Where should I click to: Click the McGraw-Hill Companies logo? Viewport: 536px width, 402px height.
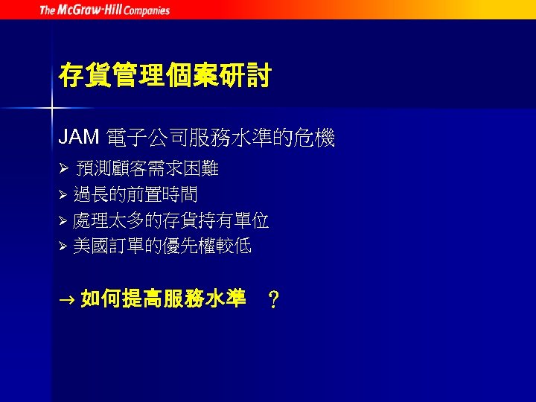point(104,10)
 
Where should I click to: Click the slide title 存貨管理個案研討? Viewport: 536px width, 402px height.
point(165,76)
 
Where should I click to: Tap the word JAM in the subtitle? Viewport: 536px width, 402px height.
point(79,137)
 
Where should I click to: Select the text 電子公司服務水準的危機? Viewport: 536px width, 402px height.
point(221,138)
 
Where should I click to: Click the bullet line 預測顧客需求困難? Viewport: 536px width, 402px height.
point(147,169)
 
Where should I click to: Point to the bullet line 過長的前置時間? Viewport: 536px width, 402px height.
point(135,195)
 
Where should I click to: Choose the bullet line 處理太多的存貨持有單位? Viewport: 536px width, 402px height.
point(171,220)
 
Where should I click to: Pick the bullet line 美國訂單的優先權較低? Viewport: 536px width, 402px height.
point(162,246)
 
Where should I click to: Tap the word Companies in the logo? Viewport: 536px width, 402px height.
point(147,10)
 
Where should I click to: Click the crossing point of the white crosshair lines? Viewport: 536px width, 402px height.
point(51,109)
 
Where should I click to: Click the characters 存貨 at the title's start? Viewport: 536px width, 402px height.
point(84,76)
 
